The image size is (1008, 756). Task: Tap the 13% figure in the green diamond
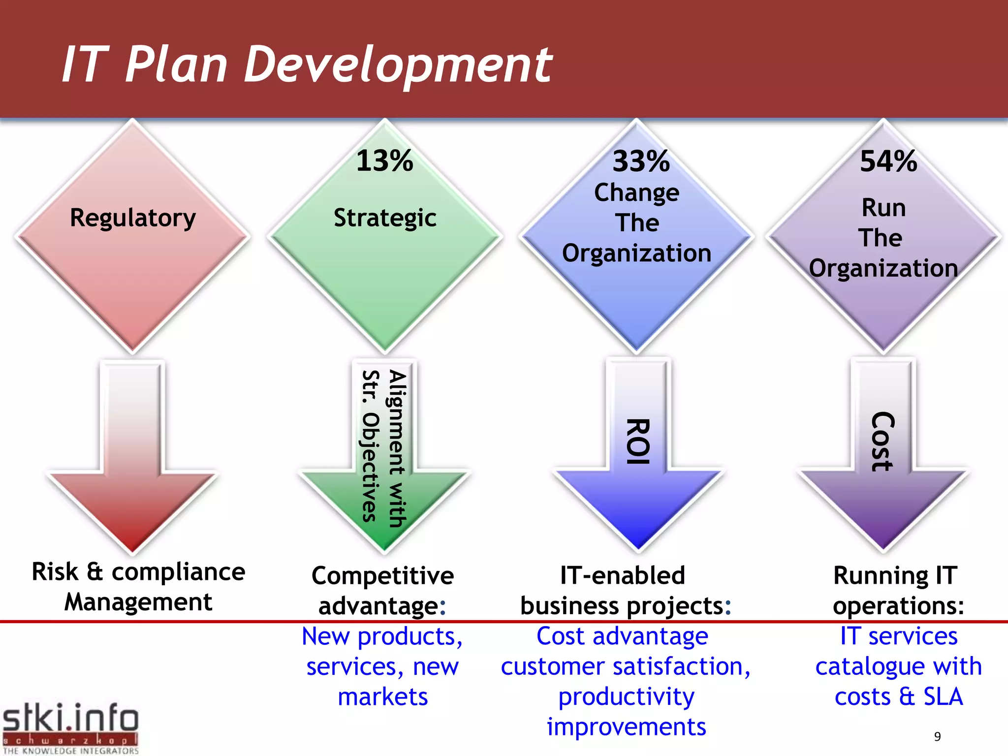pos(384,161)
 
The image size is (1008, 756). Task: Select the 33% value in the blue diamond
pos(641,161)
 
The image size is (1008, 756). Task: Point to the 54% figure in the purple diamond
pos(888,161)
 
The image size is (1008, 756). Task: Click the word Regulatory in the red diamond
pos(132,218)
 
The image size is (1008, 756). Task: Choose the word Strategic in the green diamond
pos(385,218)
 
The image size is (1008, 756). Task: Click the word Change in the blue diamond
pos(636,193)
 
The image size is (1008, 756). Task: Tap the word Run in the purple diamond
pos(883,208)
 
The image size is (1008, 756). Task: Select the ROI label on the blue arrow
pos(638,441)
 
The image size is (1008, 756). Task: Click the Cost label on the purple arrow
pos(882,441)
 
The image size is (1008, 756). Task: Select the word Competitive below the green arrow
pos(382,576)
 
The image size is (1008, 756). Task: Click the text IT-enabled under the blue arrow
pos(623,575)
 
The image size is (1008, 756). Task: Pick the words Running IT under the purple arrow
pos(895,575)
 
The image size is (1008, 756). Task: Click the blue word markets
pos(382,697)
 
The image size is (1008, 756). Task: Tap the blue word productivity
pos(626,697)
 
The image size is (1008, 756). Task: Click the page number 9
pos(937,736)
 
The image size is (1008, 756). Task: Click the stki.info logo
pos(70,727)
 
